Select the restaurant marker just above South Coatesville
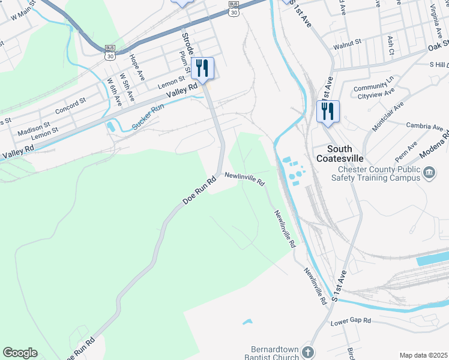pyautogui.click(x=328, y=112)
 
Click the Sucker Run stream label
pyautogui.click(x=147, y=118)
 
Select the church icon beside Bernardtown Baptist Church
pyautogui.click(x=308, y=352)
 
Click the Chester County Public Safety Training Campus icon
pyautogui.click(x=429, y=174)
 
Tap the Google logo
pyautogui.click(x=20, y=353)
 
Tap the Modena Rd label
pyautogui.click(x=437, y=145)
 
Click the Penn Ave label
pyautogui.click(x=402, y=152)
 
